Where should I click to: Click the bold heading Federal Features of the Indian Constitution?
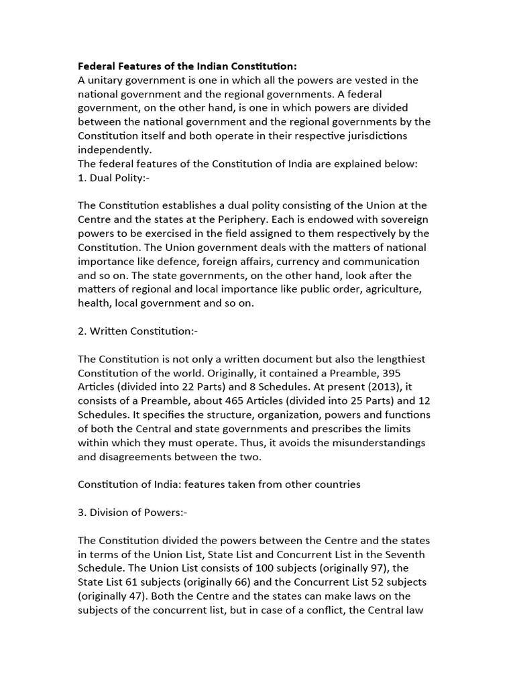click(x=187, y=66)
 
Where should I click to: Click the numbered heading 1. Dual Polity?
click(x=111, y=176)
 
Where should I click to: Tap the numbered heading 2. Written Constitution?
click(x=137, y=331)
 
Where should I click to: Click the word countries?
click(x=337, y=484)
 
